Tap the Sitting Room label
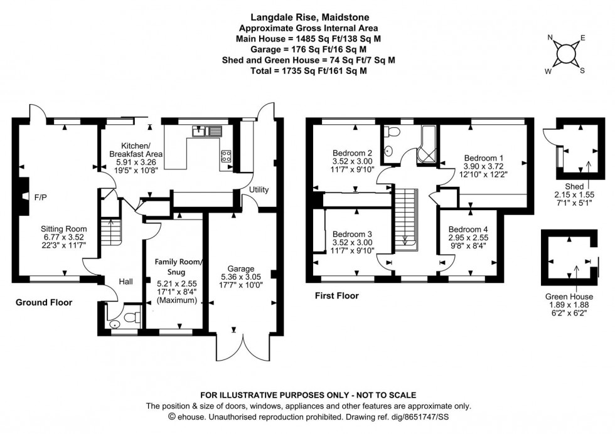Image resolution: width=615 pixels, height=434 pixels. click(x=64, y=229)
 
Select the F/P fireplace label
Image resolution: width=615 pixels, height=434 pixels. click(x=40, y=198)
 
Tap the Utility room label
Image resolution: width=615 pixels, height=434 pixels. click(x=259, y=189)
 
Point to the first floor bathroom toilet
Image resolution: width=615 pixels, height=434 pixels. click(x=393, y=132)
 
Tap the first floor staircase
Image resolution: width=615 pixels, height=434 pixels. click(x=405, y=216)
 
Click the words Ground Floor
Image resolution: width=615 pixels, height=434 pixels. click(x=44, y=303)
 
